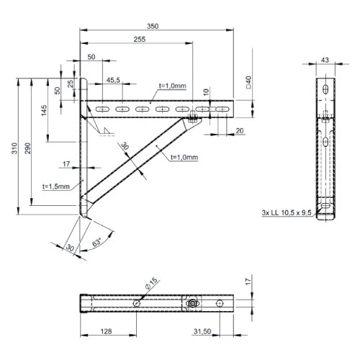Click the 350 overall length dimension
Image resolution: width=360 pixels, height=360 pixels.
point(152,26)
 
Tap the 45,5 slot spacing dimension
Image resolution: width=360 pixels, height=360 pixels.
point(113,81)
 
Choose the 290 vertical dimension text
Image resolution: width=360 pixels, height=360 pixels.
point(28,148)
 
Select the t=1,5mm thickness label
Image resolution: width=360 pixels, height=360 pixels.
point(56,186)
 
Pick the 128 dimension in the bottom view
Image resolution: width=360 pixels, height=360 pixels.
point(107,331)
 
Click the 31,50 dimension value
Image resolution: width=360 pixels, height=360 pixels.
point(205,331)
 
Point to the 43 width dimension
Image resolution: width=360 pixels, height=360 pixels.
point(325,60)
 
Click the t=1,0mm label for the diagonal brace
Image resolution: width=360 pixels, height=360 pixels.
point(184,156)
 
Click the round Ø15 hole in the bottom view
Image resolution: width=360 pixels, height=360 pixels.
point(136,304)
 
